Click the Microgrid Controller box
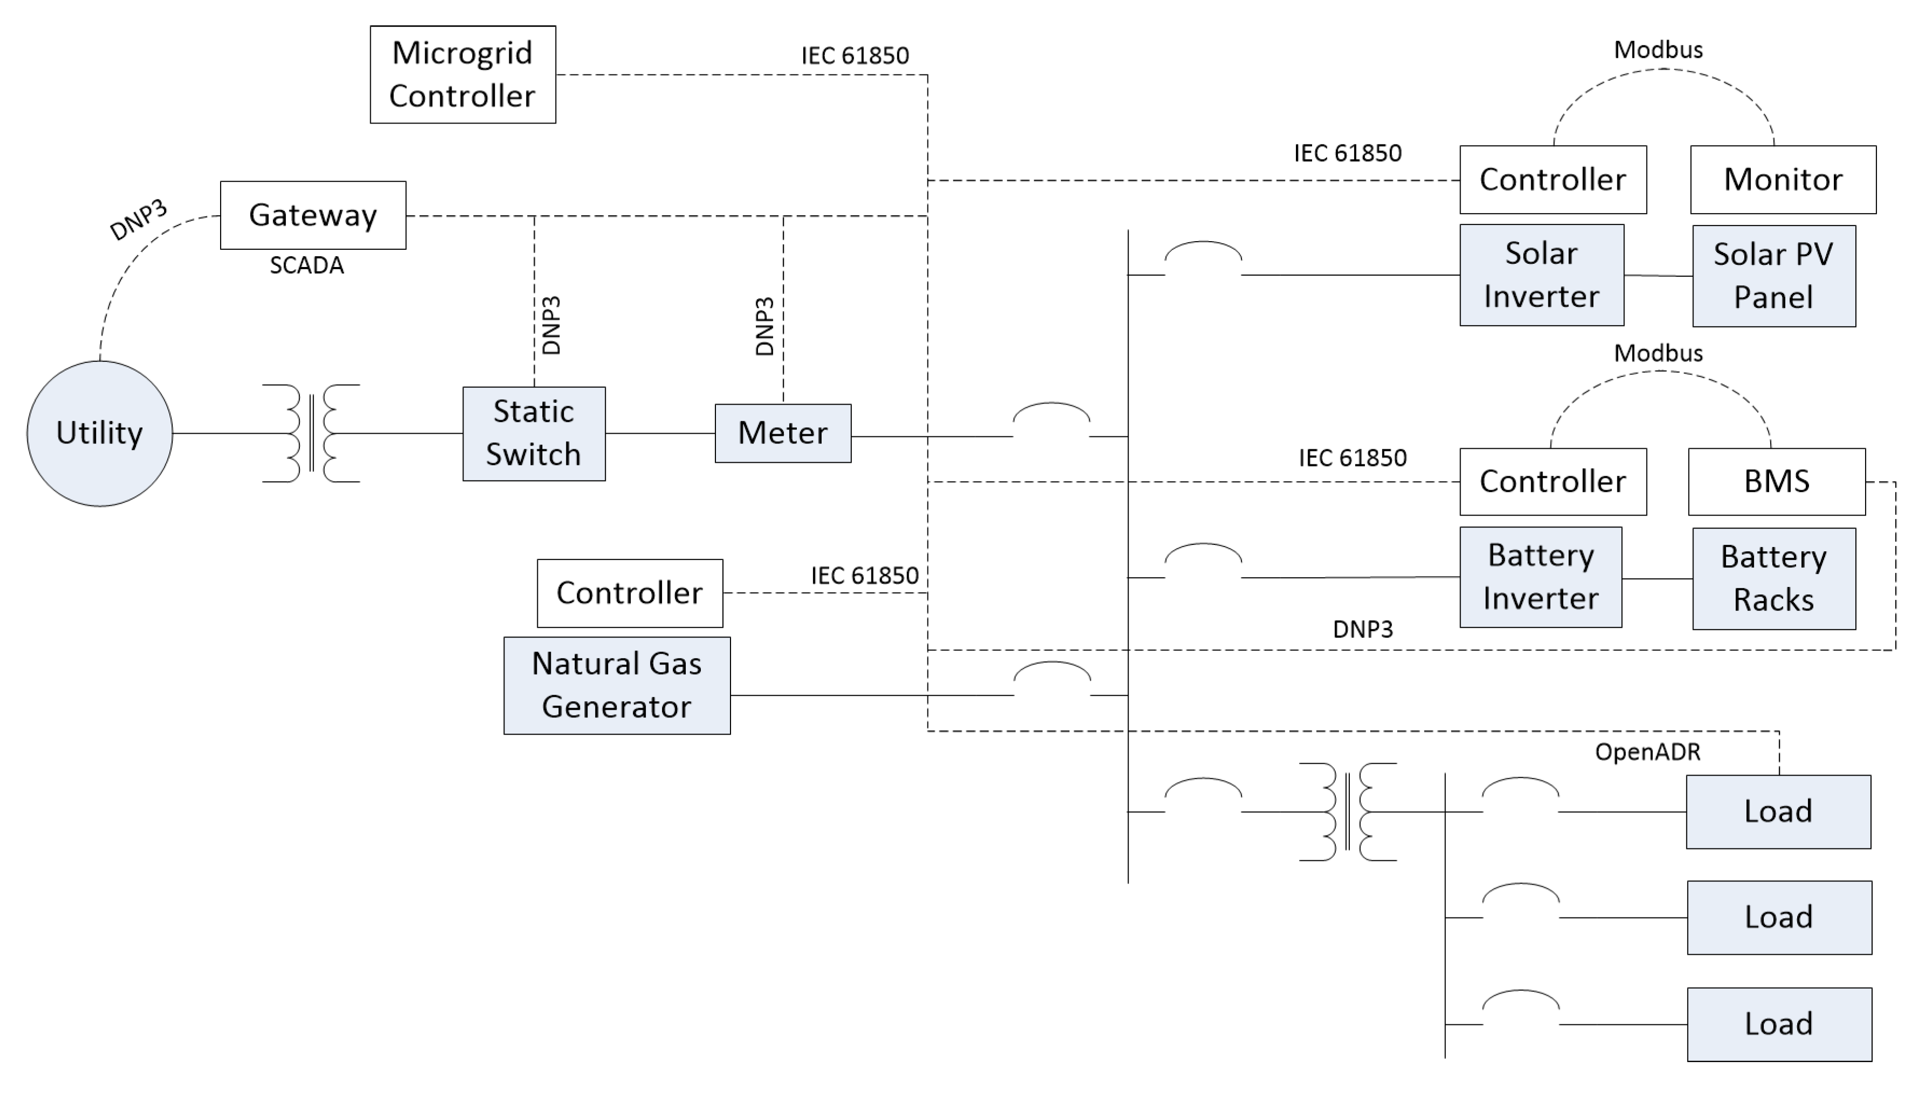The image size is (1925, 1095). [x=462, y=74]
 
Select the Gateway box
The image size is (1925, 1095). [x=313, y=215]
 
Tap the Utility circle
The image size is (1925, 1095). [x=99, y=433]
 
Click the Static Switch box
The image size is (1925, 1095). [x=534, y=434]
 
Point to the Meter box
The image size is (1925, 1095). [x=783, y=433]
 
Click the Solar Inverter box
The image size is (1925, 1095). [x=1542, y=275]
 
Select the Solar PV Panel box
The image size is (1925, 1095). [x=1774, y=276]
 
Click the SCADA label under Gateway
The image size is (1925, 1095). [x=307, y=265]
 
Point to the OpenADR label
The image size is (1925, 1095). [x=1648, y=752]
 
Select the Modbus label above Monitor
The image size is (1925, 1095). [x=1658, y=50]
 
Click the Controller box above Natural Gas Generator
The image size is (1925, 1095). [x=630, y=593]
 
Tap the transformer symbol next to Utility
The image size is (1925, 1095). [x=311, y=433]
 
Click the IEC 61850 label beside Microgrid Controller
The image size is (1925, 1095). [x=855, y=56]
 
